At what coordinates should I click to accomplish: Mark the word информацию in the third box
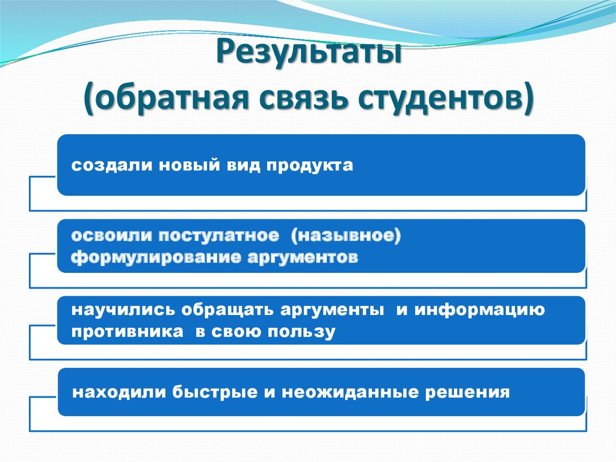click(478, 310)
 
